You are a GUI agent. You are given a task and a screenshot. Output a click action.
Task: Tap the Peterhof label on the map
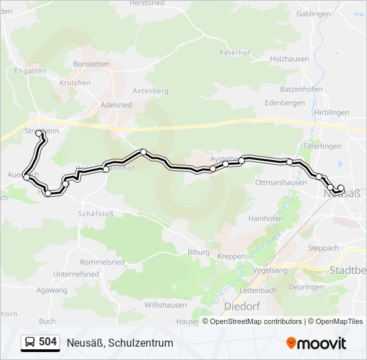(234, 52)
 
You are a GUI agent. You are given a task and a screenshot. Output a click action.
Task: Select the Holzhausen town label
(290, 59)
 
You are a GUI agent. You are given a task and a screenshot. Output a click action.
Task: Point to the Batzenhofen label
(302, 89)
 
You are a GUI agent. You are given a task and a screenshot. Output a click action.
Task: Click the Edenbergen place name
(285, 103)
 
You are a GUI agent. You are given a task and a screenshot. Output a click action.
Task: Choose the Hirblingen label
(331, 113)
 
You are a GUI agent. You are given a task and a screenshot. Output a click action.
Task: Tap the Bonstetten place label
(91, 64)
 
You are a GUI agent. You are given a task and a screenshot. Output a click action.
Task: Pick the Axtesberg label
(151, 89)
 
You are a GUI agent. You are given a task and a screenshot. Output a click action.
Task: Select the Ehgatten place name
(30, 71)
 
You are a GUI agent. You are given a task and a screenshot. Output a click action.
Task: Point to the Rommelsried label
(102, 262)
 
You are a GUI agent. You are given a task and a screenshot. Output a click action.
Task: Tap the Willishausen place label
(165, 305)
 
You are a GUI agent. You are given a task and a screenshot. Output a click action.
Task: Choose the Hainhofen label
(266, 218)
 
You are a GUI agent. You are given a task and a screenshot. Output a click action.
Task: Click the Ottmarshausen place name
(281, 183)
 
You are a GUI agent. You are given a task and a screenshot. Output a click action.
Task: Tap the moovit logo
(316, 343)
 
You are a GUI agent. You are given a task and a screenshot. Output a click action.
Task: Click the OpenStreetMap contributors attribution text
(256, 321)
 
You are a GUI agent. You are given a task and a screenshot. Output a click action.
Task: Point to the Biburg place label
(198, 252)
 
